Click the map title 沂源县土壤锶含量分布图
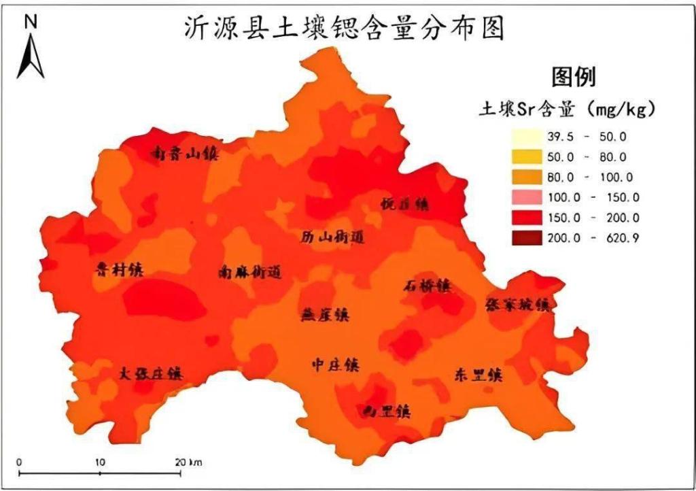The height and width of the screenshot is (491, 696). pos(345,28)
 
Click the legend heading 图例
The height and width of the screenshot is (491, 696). pos(573,76)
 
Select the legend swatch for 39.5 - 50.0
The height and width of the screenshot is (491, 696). pos(526,137)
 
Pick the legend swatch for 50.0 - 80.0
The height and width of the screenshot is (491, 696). pos(526,157)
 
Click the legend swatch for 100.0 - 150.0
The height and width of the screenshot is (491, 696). pos(526,198)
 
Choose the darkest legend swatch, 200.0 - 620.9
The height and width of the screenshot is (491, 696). pos(526,238)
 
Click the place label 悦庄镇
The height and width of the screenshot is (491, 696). pos(405,203)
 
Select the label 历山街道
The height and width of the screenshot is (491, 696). pos(332,237)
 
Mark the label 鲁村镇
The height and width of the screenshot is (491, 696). pos(119,269)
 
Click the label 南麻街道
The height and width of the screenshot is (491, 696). pos(249,273)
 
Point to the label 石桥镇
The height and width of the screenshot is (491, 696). pos(426,286)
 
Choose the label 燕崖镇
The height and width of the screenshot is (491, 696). pos(325,315)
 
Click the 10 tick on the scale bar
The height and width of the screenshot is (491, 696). pos(100,462)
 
